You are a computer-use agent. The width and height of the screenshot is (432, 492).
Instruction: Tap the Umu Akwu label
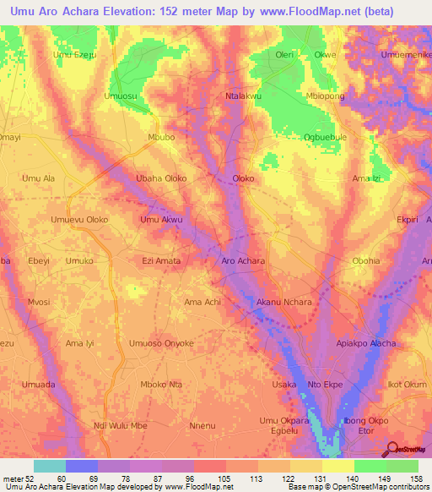[161, 220]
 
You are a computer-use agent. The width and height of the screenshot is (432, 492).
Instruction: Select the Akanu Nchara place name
[283, 302]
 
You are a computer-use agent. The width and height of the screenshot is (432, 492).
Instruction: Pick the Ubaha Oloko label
[161, 178]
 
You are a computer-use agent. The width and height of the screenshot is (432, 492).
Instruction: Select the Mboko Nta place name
[161, 385]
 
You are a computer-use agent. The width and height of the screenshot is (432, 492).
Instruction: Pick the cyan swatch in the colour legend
[50, 466]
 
